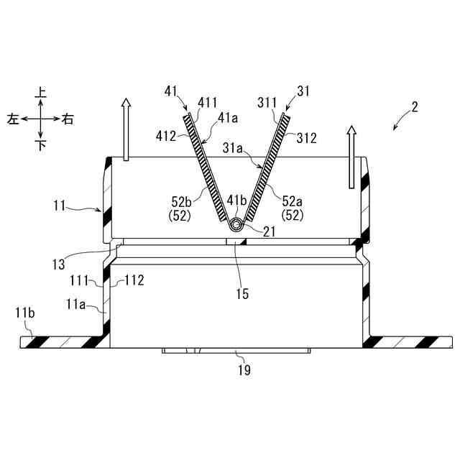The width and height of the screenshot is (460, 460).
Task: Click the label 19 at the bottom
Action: pyautogui.click(x=245, y=370)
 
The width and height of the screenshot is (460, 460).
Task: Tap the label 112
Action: pyautogui.click(x=135, y=280)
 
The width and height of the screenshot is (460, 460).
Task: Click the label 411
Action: pyautogui.click(x=207, y=104)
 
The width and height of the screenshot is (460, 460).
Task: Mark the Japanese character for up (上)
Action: pyautogui.click(x=41, y=92)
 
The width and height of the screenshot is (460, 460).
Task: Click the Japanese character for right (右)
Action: pyautogui.click(x=68, y=119)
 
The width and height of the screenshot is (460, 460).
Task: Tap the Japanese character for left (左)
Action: pyautogui.click(x=13, y=119)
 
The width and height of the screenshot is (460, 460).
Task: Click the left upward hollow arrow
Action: pyautogui.click(x=126, y=130)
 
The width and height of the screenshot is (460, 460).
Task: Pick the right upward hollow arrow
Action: pyautogui.click(x=351, y=157)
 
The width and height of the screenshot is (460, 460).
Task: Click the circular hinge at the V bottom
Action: pyautogui.click(x=236, y=226)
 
